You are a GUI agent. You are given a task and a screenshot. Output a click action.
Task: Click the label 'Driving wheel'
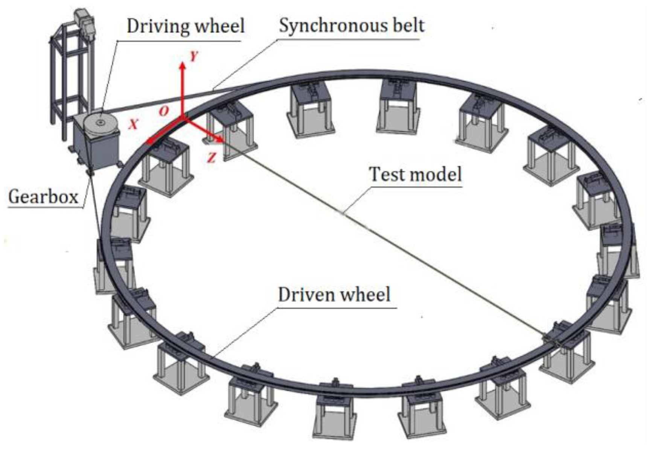pyautogui.click(x=186, y=26)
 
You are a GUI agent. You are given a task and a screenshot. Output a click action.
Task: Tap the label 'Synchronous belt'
pyautogui.click(x=352, y=26)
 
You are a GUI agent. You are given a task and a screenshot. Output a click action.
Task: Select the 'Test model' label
pyautogui.click(x=415, y=174)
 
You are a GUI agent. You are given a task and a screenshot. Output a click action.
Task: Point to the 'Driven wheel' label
pyautogui.click(x=334, y=294)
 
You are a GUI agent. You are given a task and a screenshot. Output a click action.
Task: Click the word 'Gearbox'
pyautogui.click(x=43, y=197)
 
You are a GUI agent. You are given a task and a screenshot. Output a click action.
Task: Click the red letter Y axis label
pyautogui.click(x=194, y=56)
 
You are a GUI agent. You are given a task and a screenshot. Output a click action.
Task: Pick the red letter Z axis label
pyautogui.click(x=212, y=157)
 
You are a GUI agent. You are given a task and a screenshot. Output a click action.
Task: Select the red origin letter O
pyautogui.click(x=164, y=111)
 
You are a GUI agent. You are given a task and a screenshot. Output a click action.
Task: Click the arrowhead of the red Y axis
pyautogui.click(x=183, y=66)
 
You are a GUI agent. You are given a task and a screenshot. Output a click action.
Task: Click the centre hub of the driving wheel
pyautogui.click(x=101, y=122)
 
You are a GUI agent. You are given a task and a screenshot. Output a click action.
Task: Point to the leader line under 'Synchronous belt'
pyautogui.click(x=245, y=64)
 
